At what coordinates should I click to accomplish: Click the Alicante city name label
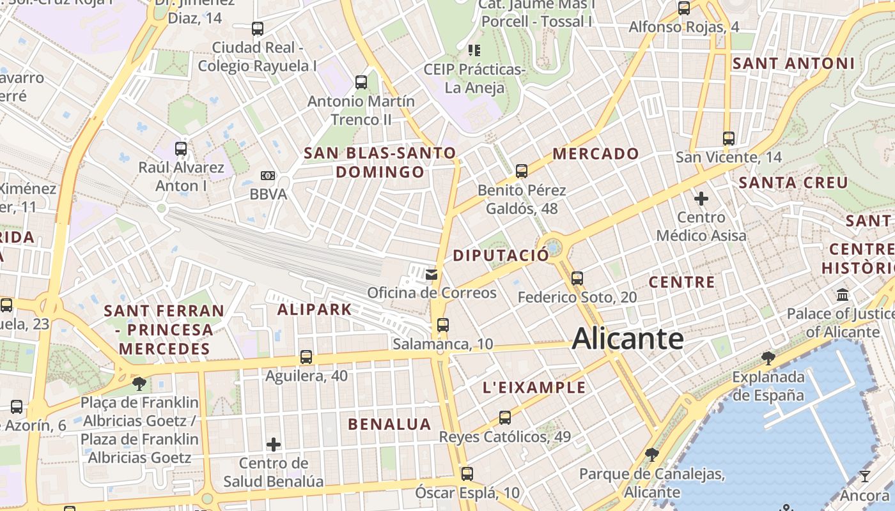click(627, 339)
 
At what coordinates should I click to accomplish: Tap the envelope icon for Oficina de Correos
click(432, 275)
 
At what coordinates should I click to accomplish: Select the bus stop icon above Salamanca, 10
click(443, 324)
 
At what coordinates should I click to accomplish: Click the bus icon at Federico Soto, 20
click(577, 278)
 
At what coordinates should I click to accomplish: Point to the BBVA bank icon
click(268, 175)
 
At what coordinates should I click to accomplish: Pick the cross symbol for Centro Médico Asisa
click(701, 199)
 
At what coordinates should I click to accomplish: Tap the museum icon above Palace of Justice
click(843, 295)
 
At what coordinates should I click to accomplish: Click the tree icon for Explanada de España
click(768, 358)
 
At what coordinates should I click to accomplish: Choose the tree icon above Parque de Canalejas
click(652, 455)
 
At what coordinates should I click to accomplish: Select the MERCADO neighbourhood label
click(596, 153)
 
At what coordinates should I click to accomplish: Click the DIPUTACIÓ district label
click(501, 256)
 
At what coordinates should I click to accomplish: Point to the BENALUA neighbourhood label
click(389, 424)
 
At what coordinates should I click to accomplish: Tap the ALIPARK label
click(315, 310)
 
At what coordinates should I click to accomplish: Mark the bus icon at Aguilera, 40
click(306, 357)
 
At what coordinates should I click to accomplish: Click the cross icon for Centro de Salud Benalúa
click(274, 444)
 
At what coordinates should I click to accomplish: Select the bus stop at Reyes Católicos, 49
click(505, 418)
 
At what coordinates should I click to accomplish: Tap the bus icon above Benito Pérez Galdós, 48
click(522, 171)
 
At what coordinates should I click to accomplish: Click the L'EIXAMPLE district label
click(534, 387)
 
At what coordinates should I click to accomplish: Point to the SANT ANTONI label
click(793, 63)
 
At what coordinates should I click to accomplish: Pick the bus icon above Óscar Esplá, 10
click(467, 473)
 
